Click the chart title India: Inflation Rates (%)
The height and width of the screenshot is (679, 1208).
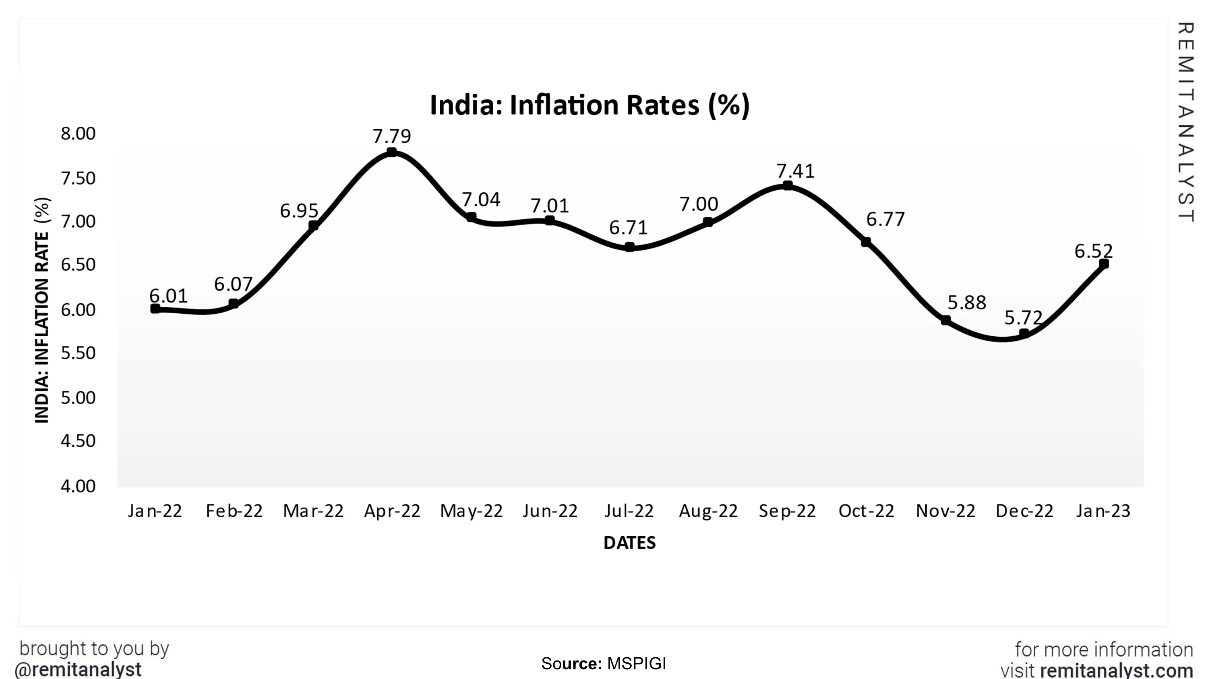[x=590, y=105]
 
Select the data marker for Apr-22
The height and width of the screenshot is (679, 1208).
[x=391, y=152]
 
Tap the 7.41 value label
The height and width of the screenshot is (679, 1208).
[x=795, y=171]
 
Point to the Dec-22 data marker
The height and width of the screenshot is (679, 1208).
[x=1024, y=333]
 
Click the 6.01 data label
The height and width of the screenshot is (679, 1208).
[x=168, y=296]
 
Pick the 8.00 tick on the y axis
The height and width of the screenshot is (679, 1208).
[x=78, y=134]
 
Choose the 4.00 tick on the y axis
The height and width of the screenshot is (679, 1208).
[x=78, y=486]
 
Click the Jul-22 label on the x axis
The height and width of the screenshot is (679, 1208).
[x=629, y=511]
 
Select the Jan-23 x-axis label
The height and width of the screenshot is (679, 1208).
[x=1103, y=511]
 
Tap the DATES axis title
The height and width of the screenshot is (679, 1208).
[x=629, y=543]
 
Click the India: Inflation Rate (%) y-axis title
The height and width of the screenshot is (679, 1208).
[x=42, y=310]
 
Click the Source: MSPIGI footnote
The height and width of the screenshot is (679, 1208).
[x=604, y=664]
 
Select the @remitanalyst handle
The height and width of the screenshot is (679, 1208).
[x=78, y=670]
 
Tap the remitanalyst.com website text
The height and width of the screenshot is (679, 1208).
[x=1116, y=671]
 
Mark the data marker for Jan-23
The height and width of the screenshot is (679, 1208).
[x=1104, y=264]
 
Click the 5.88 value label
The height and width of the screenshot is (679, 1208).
[x=966, y=303]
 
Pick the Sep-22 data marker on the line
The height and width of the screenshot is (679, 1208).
[x=788, y=185]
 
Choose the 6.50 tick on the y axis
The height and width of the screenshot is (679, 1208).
[x=78, y=265]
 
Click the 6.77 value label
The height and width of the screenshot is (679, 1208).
[x=885, y=219]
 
